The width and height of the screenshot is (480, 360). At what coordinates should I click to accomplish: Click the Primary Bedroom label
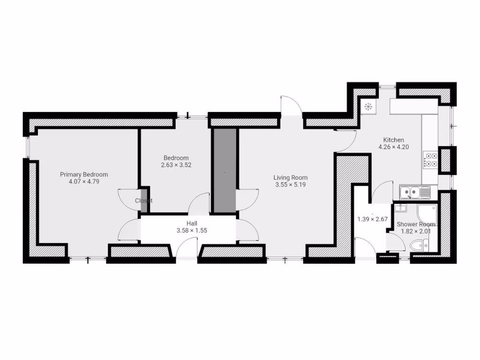point(84,174)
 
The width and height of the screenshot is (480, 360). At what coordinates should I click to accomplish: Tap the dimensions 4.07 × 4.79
point(84,181)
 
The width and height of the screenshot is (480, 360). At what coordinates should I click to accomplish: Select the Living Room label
point(291,178)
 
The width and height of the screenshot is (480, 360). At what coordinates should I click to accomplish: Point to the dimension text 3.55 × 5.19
point(291,184)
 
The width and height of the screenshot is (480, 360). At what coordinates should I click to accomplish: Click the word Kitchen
point(393,140)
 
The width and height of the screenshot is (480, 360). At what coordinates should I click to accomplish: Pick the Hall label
point(192,224)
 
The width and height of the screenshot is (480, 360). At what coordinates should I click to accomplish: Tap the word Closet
point(143,201)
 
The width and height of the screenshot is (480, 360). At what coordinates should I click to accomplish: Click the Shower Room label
point(416,225)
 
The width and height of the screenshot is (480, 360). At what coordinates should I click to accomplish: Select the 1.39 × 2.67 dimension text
point(372,219)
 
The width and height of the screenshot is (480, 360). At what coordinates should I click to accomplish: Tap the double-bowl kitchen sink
point(414,192)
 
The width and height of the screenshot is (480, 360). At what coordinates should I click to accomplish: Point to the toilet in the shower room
point(419,245)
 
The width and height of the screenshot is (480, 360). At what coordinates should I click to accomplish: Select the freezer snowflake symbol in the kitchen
point(368,107)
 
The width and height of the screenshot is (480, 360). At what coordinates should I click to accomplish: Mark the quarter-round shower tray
point(427,213)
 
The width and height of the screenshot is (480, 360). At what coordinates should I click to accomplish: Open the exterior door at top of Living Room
point(291,105)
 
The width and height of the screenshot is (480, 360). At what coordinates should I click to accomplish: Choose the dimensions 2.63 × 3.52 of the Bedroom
point(176,165)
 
